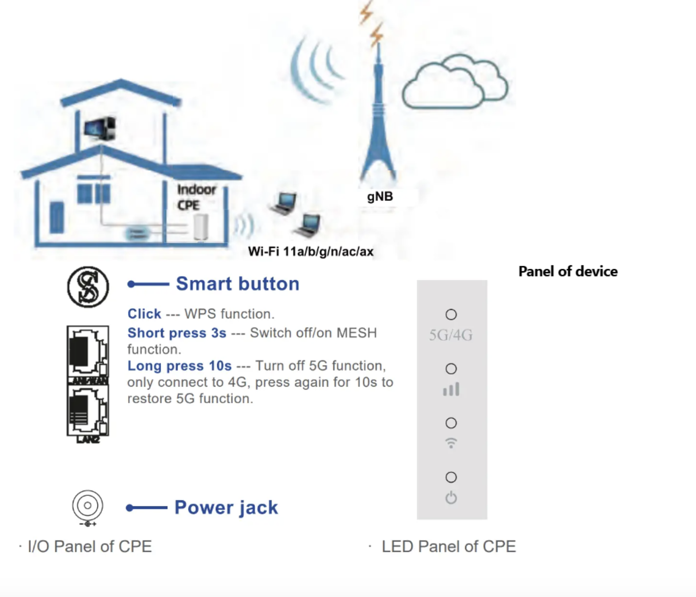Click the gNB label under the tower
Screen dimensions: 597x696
pos(380,196)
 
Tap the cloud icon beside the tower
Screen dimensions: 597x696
pos(455,83)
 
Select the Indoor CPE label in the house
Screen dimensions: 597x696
pos(196,197)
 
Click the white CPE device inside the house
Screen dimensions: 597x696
pos(201,228)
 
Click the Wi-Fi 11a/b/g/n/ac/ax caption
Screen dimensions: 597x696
pos(311,251)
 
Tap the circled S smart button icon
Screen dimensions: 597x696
pos(88,287)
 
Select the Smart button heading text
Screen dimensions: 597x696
pos(237,284)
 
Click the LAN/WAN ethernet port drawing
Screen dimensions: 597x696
pos(88,352)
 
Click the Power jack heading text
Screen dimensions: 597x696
pos(226,507)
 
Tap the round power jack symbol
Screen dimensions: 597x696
pos(88,505)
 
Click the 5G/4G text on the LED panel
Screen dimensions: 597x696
pos(451,335)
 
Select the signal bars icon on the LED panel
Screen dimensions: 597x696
pos(451,389)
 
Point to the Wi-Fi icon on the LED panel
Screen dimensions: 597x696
pos(451,443)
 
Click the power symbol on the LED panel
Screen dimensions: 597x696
pos(451,498)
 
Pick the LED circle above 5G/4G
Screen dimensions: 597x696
pos(451,315)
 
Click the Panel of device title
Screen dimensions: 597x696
pos(568,271)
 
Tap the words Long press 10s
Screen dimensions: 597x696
pos(180,366)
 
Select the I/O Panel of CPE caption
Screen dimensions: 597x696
pos(90,547)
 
